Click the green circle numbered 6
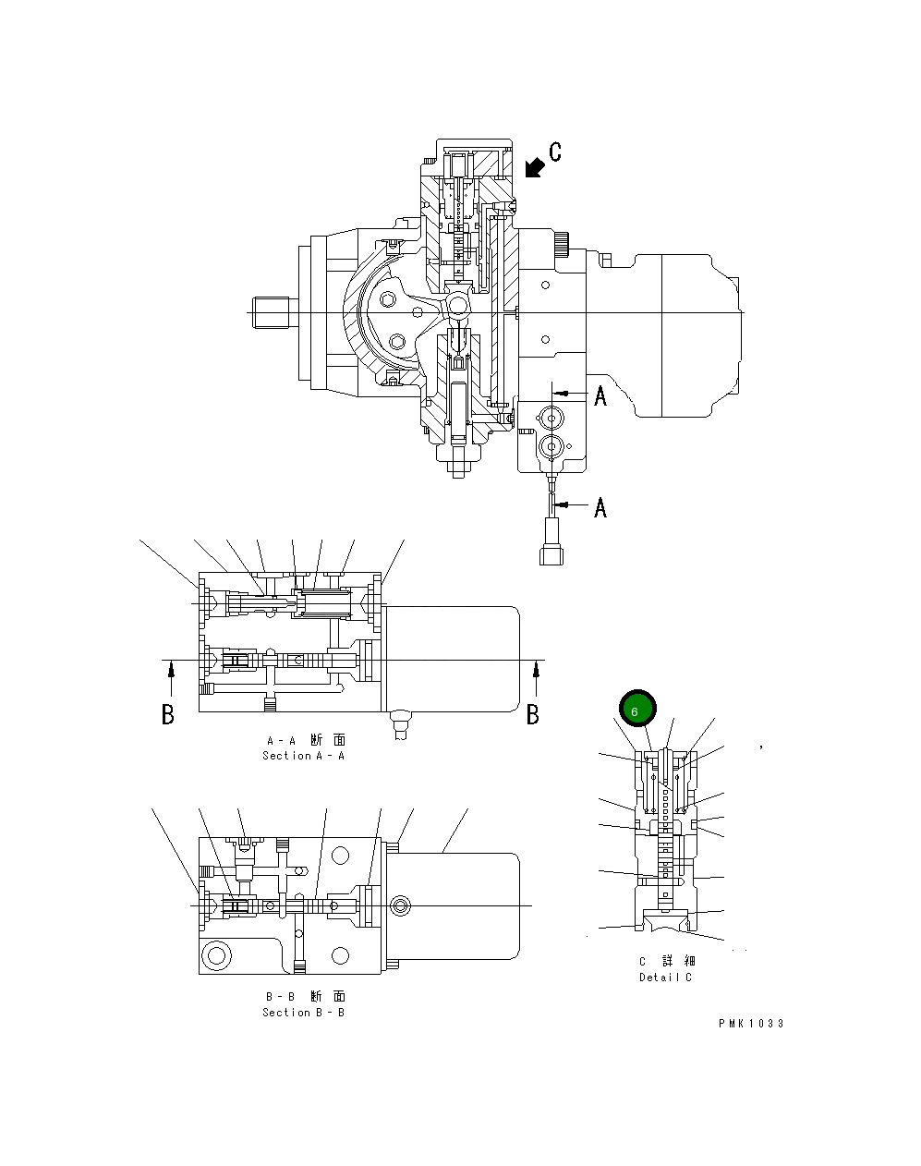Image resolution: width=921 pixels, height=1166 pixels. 636,710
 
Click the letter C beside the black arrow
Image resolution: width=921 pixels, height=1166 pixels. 554,152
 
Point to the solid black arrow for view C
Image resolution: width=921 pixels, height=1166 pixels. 533,167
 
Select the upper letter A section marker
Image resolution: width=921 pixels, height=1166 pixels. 600,396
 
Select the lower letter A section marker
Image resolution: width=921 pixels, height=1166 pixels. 600,507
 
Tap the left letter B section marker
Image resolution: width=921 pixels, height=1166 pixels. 168,714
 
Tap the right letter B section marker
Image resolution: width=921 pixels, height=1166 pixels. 533,714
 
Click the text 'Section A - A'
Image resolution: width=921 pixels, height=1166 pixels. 303,756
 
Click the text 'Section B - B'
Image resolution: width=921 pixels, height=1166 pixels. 303,1013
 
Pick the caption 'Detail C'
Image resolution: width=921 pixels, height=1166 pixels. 665,978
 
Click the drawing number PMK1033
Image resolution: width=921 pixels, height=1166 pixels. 751,1024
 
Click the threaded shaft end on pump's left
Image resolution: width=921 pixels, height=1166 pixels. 273,312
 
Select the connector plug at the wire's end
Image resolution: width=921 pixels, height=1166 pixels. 551,542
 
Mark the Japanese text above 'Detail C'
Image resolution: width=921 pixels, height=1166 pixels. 665,962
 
